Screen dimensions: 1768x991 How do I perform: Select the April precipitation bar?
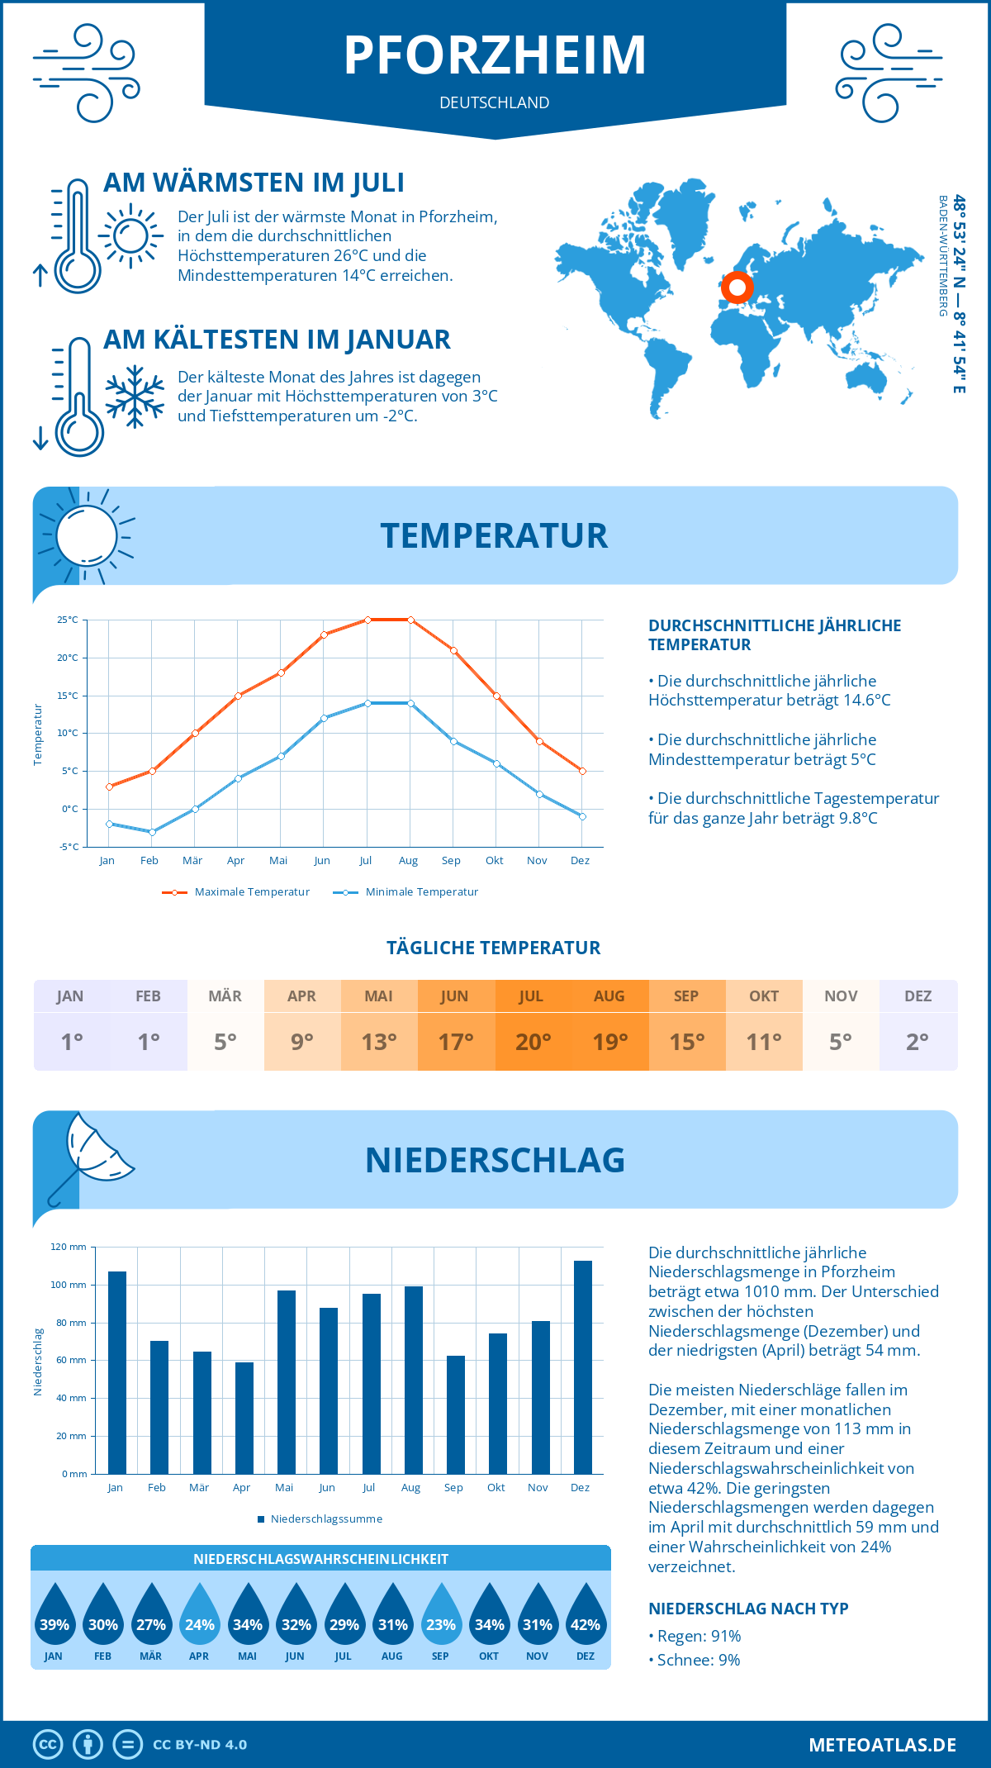(244, 1418)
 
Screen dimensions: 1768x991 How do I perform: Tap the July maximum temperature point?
(367, 620)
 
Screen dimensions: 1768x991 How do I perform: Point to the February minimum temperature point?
(152, 832)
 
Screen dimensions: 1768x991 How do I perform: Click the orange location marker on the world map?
(737, 288)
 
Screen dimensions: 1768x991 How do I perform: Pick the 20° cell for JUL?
(533, 1042)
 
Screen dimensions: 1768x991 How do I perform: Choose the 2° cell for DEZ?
(918, 1042)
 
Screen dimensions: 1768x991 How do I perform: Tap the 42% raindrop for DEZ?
(586, 1616)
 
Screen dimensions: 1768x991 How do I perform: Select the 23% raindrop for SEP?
(440, 1616)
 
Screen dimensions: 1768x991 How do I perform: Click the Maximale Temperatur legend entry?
(236, 892)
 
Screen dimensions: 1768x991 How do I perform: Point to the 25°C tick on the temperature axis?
(68, 620)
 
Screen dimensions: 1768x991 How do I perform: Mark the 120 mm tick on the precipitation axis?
(69, 1247)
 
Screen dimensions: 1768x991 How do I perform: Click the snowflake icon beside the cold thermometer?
(135, 397)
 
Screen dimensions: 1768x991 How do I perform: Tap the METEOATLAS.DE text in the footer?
(882, 1745)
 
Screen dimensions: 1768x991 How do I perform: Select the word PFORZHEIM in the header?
(495, 55)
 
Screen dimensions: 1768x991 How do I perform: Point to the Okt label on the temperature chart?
(494, 861)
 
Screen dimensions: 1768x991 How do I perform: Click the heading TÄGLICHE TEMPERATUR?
(494, 948)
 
